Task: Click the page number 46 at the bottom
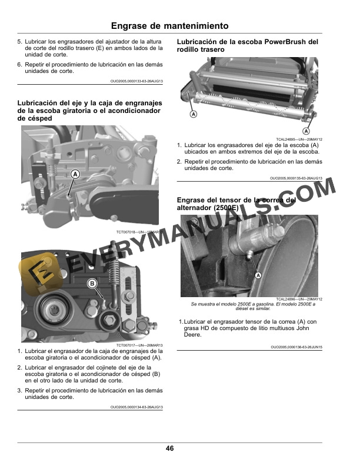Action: (x=169, y=448)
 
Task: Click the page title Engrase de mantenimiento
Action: (x=169, y=26)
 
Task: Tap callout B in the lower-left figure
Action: (x=92, y=284)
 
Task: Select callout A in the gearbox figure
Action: (x=75, y=174)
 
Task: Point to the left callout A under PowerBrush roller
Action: (x=194, y=114)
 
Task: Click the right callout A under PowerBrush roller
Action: (x=306, y=131)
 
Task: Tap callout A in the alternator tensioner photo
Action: (x=258, y=275)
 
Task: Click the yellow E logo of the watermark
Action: (x=41, y=274)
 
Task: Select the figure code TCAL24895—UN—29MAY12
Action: (x=299, y=139)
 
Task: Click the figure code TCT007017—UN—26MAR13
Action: (x=139, y=345)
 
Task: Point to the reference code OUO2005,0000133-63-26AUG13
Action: (x=136, y=81)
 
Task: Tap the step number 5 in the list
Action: (x=19, y=42)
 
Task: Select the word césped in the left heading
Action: (x=39, y=118)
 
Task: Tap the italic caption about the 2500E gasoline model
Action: (x=253, y=306)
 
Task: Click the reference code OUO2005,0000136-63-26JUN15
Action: (x=296, y=347)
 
